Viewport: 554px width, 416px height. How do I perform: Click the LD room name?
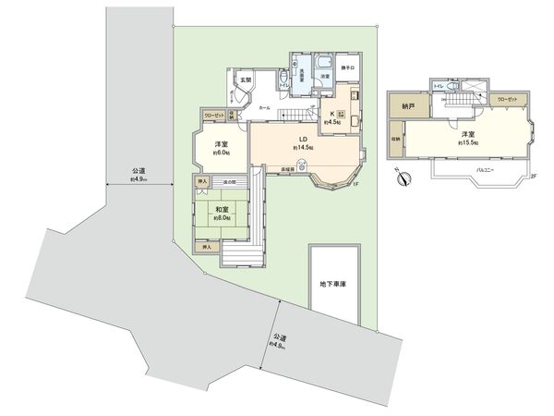coord(302,139)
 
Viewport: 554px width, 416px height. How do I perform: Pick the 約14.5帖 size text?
coord(304,148)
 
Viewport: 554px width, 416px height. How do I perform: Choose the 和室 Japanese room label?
coord(223,210)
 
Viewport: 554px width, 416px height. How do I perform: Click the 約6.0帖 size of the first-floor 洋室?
coord(221,153)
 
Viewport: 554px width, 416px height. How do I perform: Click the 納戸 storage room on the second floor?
coord(409,106)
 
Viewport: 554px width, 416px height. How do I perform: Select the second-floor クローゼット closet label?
coord(506,98)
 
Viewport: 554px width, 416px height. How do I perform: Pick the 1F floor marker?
coord(354,184)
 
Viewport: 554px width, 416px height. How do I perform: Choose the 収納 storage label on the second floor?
coord(395,140)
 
